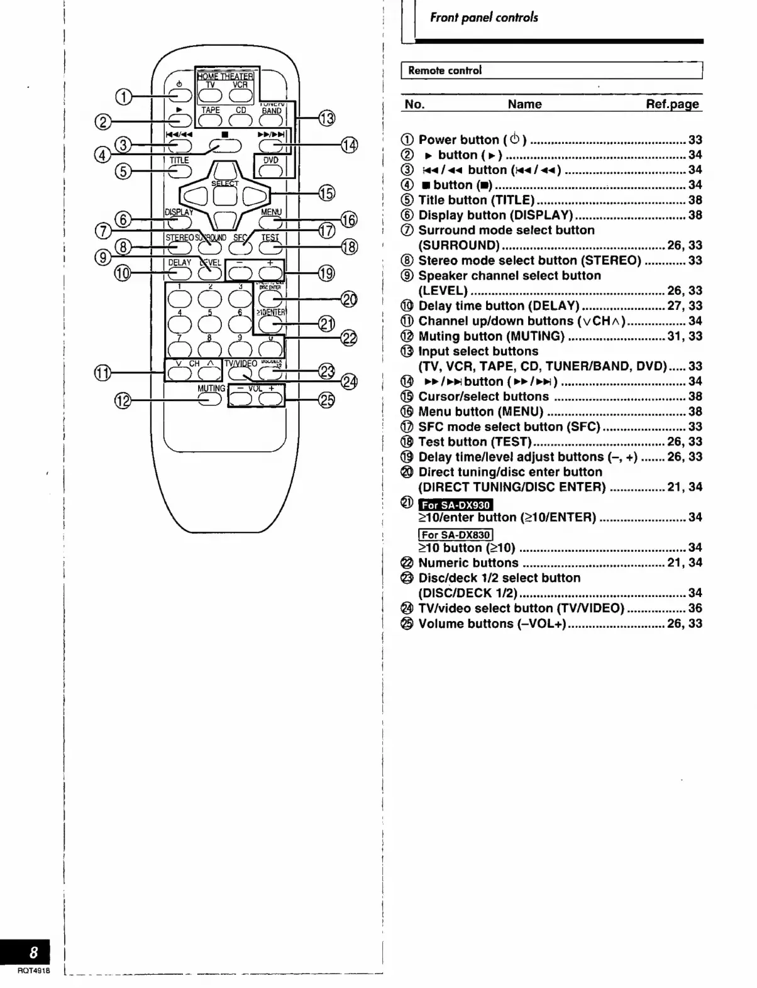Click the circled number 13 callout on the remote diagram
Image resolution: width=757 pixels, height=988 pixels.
(x=326, y=118)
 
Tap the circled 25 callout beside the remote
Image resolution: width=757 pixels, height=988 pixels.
(x=327, y=400)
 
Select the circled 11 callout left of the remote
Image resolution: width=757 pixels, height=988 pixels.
(x=103, y=373)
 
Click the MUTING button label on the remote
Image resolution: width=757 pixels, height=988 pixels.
(x=211, y=388)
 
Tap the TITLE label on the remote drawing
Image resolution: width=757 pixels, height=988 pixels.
(x=179, y=160)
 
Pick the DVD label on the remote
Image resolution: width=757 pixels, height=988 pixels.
(x=271, y=160)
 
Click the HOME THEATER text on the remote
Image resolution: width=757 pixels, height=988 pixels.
(x=225, y=77)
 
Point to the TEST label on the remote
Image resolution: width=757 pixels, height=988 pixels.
(x=270, y=238)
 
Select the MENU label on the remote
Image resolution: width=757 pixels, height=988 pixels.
(x=271, y=212)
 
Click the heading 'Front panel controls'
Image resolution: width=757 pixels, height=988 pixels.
(x=483, y=18)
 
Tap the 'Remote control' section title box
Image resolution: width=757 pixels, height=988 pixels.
(x=551, y=70)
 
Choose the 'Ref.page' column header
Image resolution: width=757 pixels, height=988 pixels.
(x=672, y=104)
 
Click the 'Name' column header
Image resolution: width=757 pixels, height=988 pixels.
(x=524, y=104)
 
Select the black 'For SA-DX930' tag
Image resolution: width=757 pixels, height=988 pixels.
(x=456, y=505)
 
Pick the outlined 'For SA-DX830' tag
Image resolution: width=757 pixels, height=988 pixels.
(x=456, y=535)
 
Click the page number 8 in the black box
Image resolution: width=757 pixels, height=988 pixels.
(x=33, y=952)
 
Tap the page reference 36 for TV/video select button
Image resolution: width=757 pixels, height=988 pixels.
(x=695, y=608)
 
